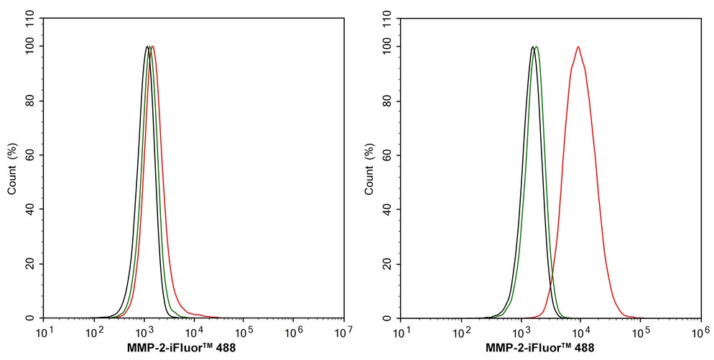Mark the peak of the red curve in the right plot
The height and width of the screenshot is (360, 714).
pos(578,47)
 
